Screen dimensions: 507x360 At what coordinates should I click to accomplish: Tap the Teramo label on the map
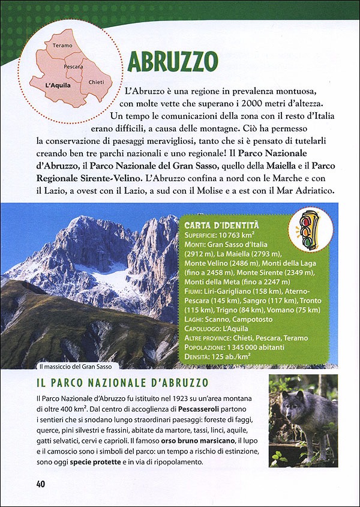[x=62, y=46]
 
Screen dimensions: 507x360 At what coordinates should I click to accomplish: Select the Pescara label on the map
[x=73, y=66]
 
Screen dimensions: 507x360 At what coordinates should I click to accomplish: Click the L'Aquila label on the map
[x=58, y=85]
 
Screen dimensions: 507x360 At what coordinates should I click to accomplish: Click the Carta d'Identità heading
[x=221, y=224]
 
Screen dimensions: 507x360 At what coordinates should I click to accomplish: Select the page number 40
[x=40, y=484]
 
